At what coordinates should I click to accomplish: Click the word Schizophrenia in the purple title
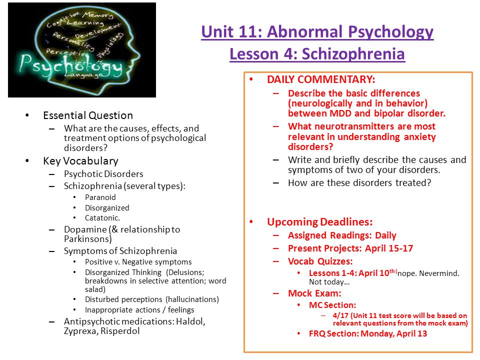pos(353,54)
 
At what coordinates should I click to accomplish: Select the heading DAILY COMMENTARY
pos(321,79)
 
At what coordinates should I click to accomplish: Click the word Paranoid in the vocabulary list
pos(100,197)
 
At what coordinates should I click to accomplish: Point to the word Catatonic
pos(102,218)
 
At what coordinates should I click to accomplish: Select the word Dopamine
pos(85,229)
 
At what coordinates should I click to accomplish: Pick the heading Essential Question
pos(88,115)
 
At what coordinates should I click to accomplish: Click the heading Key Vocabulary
pos(80,161)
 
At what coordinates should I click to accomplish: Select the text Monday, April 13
pos(393,333)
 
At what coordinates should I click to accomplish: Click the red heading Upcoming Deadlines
pos(319,222)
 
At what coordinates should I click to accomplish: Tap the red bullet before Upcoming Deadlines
pos(251,221)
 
